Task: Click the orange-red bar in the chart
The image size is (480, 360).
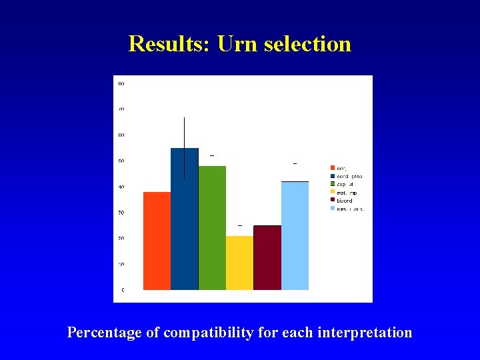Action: click(x=157, y=241)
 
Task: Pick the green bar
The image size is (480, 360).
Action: click(x=212, y=228)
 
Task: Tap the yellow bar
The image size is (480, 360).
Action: click(x=239, y=263)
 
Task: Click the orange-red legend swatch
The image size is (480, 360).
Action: click(x=333, y=167)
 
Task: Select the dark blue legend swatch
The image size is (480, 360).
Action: click(x=333, y=176)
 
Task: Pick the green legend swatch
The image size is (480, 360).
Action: click(x=333, y=184)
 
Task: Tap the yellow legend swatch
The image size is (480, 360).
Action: click(x=333, y=192)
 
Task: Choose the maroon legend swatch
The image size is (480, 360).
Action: click(x=333, y=200)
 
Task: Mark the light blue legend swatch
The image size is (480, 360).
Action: click(x=333, y=209)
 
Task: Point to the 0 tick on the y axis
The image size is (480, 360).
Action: click(x=122, y=290)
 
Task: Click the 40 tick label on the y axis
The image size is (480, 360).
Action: click(x=121, y=187)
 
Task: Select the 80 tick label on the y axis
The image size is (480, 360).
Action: click(x=121, y=83)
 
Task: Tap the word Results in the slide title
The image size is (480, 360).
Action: click(x=169, y=44)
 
